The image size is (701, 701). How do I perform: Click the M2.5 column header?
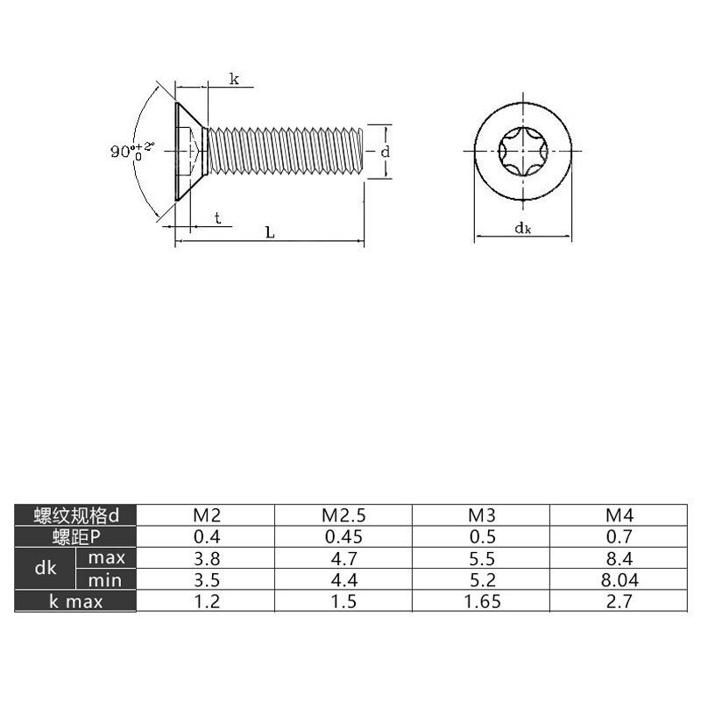(343, 515)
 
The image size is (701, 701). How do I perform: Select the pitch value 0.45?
(343, 536)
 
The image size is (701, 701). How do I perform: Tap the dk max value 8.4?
(620, 558)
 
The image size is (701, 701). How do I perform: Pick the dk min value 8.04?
(620, 580)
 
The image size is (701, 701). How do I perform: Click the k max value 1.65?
(482, 601)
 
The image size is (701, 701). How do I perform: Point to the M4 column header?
(620, 515)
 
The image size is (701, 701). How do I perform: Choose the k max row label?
(76, 601)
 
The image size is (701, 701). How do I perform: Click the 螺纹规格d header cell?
(76, 515)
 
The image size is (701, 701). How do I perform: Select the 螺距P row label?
(76, 536)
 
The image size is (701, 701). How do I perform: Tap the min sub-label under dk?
(105, 580)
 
